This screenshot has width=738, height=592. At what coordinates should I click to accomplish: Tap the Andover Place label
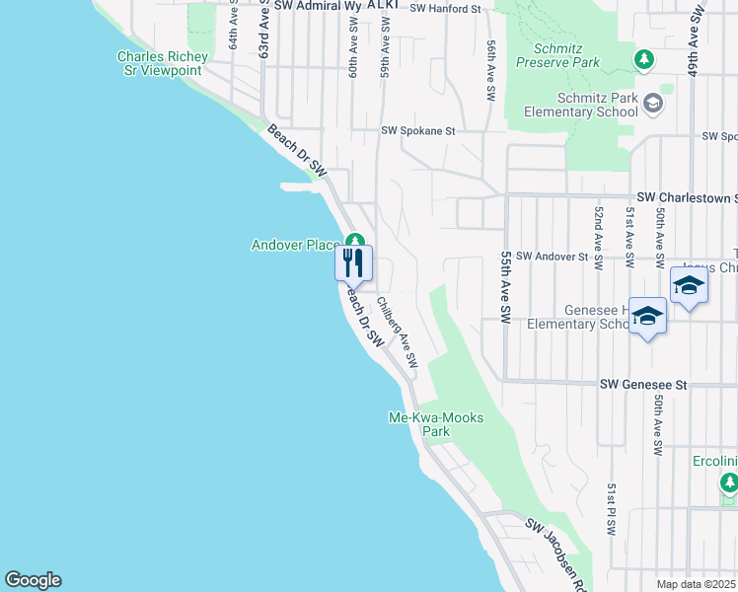tap(295, 245)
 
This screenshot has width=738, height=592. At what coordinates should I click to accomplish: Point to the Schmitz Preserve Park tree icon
tap(644, 60)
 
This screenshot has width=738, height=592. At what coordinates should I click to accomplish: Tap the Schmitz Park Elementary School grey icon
tap(652, 102)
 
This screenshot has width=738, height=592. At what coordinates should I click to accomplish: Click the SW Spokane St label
tap(418, 130)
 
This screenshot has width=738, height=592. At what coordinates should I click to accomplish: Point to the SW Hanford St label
tap(444, 8)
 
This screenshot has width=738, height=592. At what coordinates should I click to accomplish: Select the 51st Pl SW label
tap(612, 509)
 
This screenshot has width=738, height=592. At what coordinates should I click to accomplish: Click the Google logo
tap(33, 580)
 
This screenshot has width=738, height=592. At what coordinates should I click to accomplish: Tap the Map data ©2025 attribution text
tap(696, 584)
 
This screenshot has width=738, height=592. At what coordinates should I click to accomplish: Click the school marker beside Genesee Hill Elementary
tap(647, 317)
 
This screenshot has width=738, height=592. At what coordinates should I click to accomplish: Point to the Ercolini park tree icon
tap(729, 482)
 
